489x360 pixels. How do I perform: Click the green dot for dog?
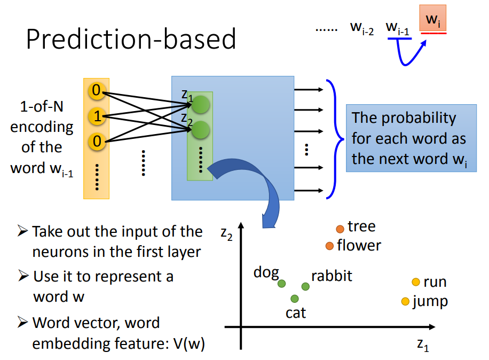[x=282, y=284]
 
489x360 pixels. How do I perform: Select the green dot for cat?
[x=294, y=298]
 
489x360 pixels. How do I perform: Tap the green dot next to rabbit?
[x=305, y=287]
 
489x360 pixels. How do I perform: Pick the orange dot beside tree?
[x=340, y=229]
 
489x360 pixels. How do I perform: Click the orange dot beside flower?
[x=329, y=246]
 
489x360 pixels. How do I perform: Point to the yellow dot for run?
[x=416, y=282]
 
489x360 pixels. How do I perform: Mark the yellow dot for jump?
[x=405, y=302]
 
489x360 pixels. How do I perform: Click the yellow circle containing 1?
[x=96, y=116]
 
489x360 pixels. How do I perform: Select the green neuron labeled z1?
[x=201, y=104]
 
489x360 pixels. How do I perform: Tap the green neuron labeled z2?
[x=201, y=129]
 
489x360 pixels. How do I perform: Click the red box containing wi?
[x=433, y=20]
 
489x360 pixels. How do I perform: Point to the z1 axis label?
[x=423, y=345]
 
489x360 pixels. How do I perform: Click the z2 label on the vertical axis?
[x=226, y=232]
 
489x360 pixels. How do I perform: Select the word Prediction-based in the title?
[x=131, y=39]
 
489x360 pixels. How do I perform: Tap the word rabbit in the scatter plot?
[x=332, y=276]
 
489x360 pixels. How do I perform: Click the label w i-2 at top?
[x=361, y=28]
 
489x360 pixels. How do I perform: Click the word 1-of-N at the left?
[x=42, y=107]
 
